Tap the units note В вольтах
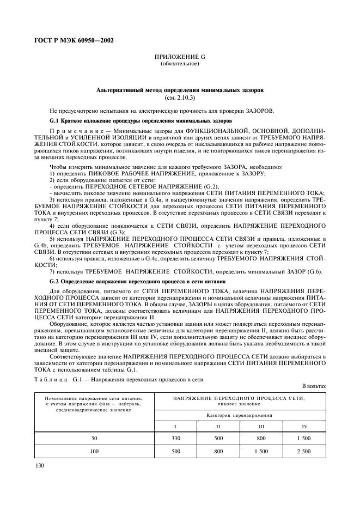314,386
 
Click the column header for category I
176,425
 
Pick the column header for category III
261,425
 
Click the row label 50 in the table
94,438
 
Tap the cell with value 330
176,438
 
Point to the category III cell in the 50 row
261,438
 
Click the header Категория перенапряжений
240,415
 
